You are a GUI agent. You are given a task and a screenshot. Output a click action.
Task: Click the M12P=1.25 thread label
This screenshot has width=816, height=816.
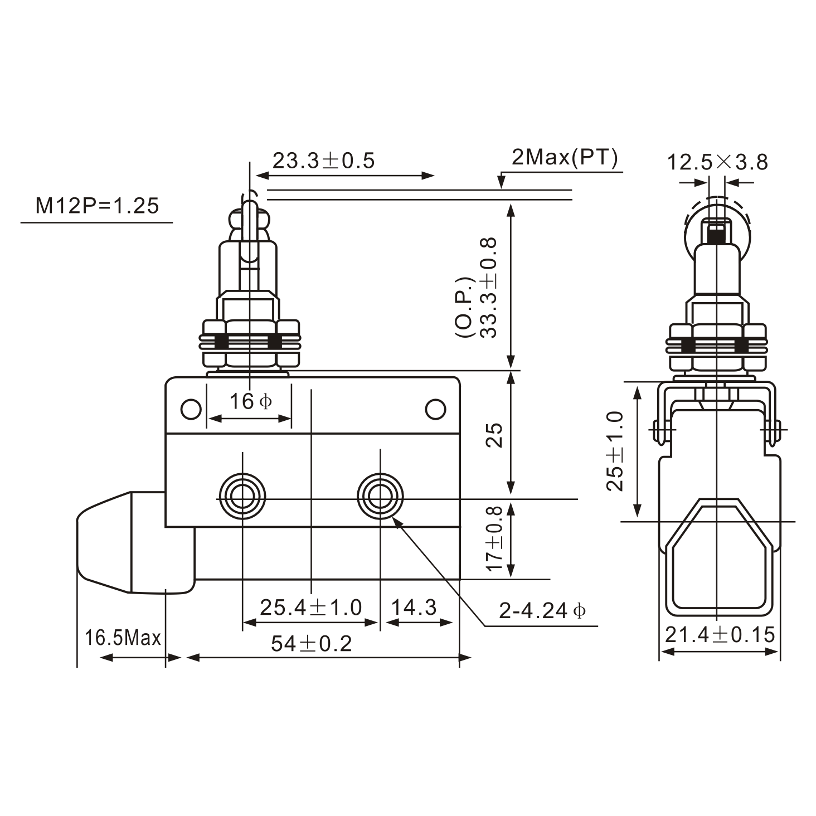coord(97,206)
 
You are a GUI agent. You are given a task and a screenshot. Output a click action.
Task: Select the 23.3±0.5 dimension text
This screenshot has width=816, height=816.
coord(323,161)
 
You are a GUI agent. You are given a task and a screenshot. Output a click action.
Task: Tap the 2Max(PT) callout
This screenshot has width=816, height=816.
coord(565,158)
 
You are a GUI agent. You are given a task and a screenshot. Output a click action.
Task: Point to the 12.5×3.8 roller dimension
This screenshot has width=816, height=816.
coord(717,162)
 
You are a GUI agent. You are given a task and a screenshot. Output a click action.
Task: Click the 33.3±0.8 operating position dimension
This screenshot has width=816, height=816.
coord(489,288)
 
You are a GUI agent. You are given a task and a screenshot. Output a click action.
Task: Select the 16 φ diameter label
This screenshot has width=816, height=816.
coord(250,401)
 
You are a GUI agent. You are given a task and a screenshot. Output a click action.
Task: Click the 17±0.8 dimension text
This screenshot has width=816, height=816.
coord(494,538)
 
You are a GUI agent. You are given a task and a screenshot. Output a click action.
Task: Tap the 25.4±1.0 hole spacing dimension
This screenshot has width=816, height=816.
coord(310,607)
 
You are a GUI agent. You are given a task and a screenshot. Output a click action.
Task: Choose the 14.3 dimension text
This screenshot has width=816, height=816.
coord(414,607)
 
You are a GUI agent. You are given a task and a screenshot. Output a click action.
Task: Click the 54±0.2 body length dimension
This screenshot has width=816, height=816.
coord(311,644)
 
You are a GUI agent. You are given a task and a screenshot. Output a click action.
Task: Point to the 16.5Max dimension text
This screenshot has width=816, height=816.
coord(123,638)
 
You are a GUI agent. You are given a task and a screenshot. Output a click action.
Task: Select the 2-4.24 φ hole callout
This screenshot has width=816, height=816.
coord(542,611)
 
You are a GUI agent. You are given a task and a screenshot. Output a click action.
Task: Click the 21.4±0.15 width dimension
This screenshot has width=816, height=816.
coord(720,634)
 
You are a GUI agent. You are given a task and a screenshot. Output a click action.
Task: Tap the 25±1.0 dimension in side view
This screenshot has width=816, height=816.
coord(615,451)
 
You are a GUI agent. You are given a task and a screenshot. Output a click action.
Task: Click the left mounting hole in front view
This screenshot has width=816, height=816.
coord(242,495)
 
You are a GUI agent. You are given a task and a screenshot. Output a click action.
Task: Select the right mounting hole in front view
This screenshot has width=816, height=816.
coord(380,495)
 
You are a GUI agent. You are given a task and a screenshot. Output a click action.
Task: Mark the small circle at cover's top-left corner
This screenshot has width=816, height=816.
coord(191,409)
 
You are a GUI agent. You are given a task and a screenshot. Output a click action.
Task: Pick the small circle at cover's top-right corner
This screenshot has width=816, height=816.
coord(435,409)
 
